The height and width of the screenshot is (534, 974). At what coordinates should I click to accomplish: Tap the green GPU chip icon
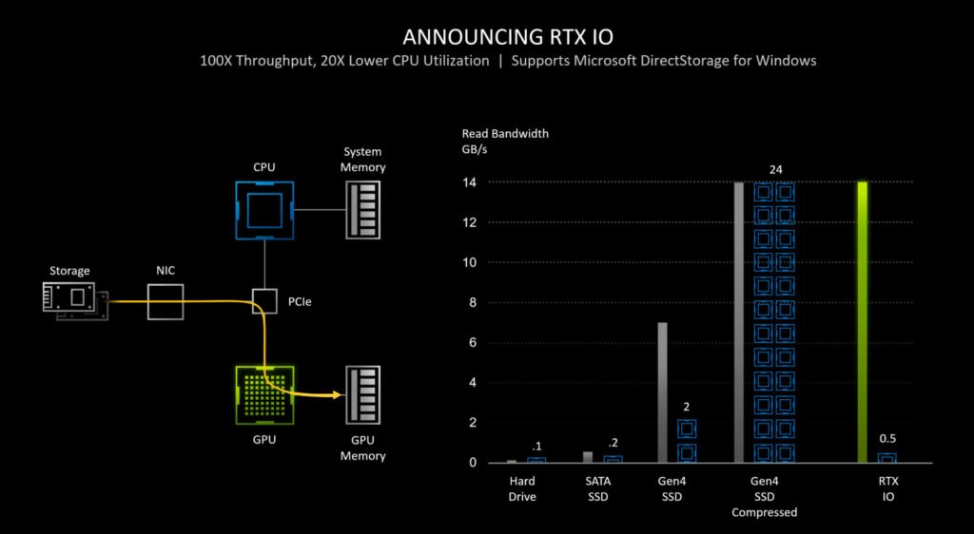click(x=264, y=396)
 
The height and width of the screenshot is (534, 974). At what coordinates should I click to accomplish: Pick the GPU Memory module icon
click(x=362, y=396)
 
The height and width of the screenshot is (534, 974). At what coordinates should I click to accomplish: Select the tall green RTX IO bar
click(x=862, y=321)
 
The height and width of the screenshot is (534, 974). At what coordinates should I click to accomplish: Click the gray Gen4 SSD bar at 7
click(x=662, y=392)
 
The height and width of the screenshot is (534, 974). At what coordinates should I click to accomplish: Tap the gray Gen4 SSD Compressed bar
click(x=738, y=321)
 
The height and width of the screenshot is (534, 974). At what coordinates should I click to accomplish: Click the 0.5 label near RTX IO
click(x=886, y=439)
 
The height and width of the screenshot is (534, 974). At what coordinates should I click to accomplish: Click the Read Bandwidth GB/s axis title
click(x=505, y=142)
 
